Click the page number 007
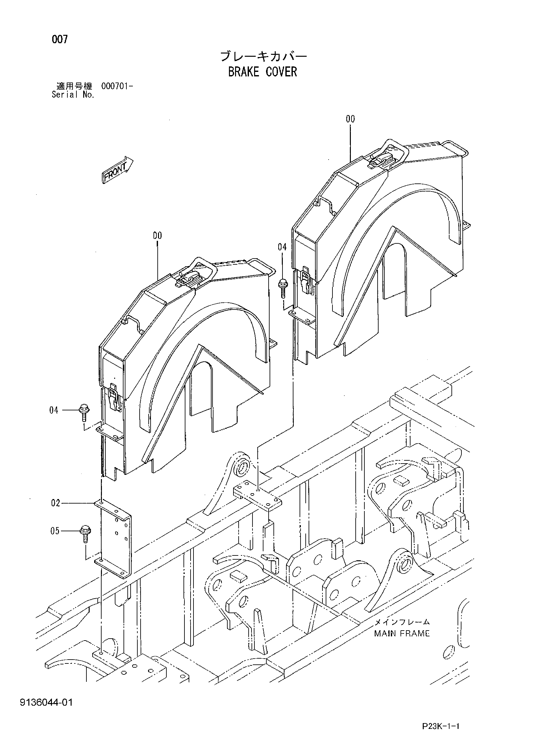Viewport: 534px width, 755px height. pos(60,40)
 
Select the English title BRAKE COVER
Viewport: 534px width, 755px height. pos(262,72)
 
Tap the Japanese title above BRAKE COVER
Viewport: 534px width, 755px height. pos(263,56)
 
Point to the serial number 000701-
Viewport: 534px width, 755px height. pos(117,87)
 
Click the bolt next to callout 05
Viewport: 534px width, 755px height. pos(85,534)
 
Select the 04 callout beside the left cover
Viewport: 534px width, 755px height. pos(54,410)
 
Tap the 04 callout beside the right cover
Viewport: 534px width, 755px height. pos(282,247)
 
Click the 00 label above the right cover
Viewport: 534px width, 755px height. pos(350,119)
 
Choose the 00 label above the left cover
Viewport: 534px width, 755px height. pos(157,235)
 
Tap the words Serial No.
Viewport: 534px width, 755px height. pos(73,95)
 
